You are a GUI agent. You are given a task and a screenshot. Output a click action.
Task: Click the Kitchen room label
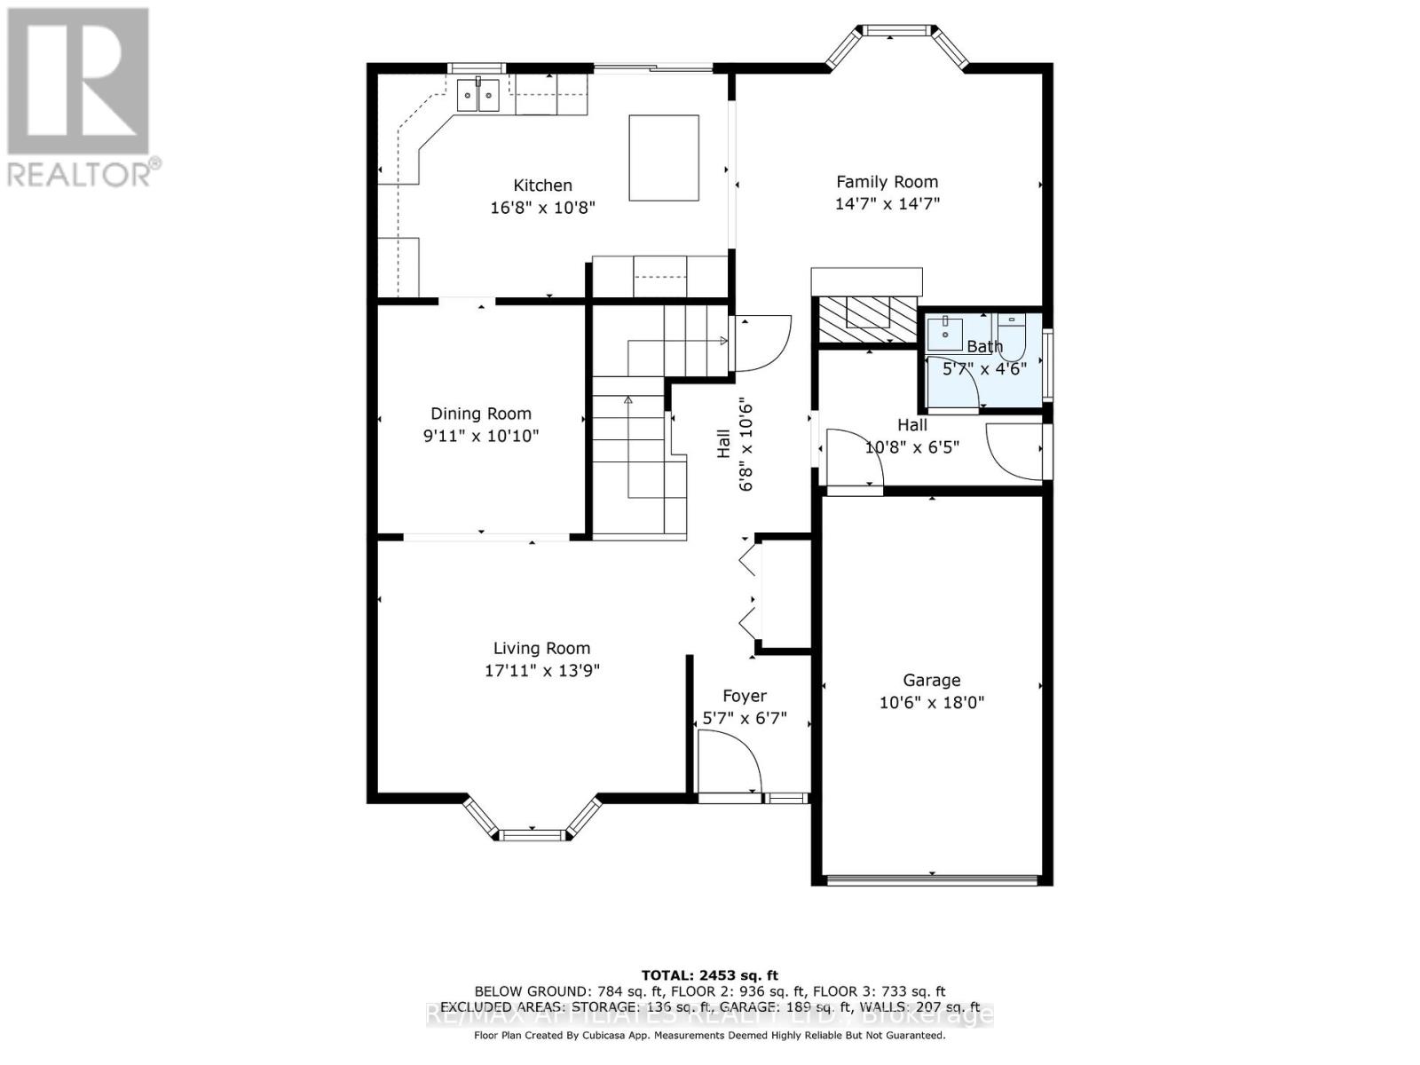(x=542, y=185)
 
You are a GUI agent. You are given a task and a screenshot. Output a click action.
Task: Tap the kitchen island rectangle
(x=664, y=158)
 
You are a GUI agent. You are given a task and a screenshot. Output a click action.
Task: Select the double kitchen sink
(x=478, y=95)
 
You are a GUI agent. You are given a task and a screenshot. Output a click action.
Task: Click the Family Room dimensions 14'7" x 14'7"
(x=887, y=203)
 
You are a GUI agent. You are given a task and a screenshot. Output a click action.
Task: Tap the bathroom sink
(x=945, y=333)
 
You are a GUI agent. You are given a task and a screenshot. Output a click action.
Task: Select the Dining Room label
(x=481, y=414)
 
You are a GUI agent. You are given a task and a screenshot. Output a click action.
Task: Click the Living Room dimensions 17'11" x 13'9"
(x=541, y=671)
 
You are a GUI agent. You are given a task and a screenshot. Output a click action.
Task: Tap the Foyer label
(x=744, y=696)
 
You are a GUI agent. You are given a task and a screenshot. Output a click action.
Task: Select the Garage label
(x=931, y=681)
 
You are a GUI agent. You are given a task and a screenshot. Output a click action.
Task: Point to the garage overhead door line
(x=932, y=880)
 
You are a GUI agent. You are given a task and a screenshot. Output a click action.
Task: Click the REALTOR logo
(x=80, y=98)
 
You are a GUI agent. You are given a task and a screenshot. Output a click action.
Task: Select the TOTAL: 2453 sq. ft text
(x=709, y=975)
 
